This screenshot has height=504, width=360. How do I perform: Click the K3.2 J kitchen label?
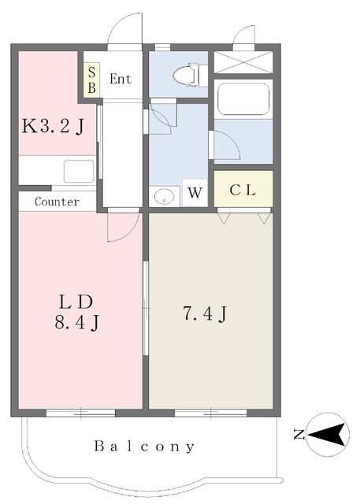pos(53,126)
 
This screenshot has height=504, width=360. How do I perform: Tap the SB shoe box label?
pos(91,80)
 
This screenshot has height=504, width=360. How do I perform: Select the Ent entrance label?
pos(121,79)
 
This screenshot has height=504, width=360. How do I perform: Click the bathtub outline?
pos(243,99)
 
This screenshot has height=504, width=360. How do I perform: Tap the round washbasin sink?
pos(164,196)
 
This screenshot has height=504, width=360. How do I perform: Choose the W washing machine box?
pos(195,192)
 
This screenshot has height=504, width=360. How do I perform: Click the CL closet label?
pos(243,191)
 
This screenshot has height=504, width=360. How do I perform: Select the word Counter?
pos(57,202)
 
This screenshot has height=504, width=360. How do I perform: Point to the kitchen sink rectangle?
pos(79,171)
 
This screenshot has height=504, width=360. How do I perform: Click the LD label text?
pos(76,302)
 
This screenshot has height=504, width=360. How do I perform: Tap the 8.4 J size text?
pos(76,322)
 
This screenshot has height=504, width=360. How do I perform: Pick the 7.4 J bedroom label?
pos(205,313)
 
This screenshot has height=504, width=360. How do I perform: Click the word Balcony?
pos(144,447)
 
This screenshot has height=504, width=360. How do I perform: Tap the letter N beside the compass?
pos(299,435)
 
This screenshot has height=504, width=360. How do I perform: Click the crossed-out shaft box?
pos(243,62)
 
